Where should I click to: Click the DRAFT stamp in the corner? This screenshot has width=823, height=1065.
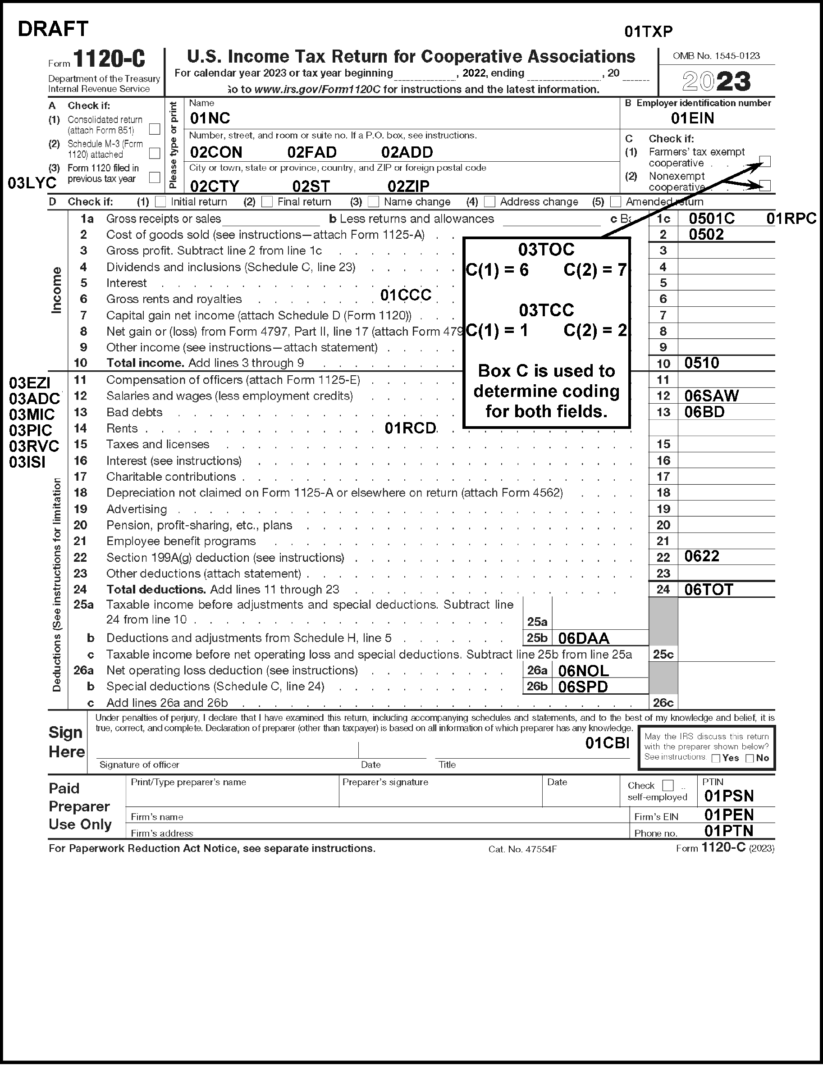53,29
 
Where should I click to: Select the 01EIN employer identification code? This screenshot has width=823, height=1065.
692,118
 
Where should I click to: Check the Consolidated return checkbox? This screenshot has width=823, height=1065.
155,129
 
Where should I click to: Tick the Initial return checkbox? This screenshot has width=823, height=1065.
160,202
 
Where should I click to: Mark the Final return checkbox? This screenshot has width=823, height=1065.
267,202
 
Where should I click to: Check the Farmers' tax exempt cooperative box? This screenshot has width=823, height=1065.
765,161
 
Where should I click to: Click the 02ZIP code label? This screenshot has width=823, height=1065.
408,186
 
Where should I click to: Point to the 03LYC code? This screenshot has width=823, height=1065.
32,183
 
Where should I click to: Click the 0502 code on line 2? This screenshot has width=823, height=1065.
706,235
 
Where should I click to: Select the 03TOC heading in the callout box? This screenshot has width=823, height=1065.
546,250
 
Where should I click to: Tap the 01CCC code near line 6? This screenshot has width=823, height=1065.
405,295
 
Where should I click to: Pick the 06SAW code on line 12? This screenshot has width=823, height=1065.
711,396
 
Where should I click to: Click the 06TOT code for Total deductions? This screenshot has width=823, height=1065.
709,590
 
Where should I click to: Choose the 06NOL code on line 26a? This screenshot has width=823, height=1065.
583,671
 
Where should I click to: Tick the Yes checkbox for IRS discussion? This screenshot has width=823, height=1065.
716,758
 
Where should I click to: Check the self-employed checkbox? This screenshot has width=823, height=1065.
668,786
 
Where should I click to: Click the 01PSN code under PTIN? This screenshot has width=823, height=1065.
729,796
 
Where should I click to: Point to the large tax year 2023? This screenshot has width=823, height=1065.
716,82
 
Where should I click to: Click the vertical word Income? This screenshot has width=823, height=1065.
57,290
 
